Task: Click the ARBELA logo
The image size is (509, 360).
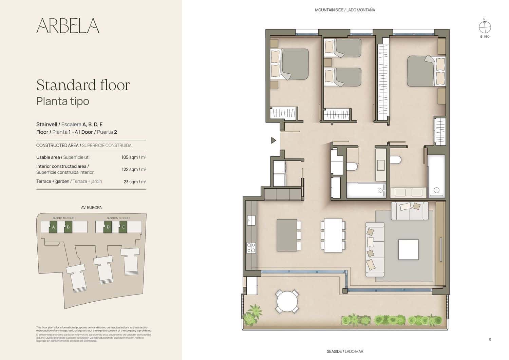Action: click(x=68, y=25)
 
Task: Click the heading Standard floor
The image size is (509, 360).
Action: click(x=83, y=85)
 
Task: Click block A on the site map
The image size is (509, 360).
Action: click(x=53, y=227)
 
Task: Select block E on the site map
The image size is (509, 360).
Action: click(x=123, y=227)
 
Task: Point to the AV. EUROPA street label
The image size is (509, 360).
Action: click(x=91, y=207)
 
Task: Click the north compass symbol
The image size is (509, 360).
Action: click(x=485, y=27)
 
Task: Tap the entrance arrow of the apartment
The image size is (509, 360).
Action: click(x=274, y=140)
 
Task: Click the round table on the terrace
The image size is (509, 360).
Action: click(x=287, y=301)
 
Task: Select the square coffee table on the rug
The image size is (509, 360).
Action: click(x=408, y=249)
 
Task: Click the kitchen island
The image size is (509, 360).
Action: click(x=287, y=235)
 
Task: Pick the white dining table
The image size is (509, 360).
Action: click(x=333, y=235)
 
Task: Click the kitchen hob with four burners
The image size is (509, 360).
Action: click(x=251, y=248)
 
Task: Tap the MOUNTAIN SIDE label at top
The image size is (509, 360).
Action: click(x=345, y=10)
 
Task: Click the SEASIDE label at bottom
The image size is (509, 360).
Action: click(x=345, y=351)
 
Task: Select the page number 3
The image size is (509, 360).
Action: click(x=489, y=340)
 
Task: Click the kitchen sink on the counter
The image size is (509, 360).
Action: click(x=251, y=220)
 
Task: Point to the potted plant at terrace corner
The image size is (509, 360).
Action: click(x=253, y=315)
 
